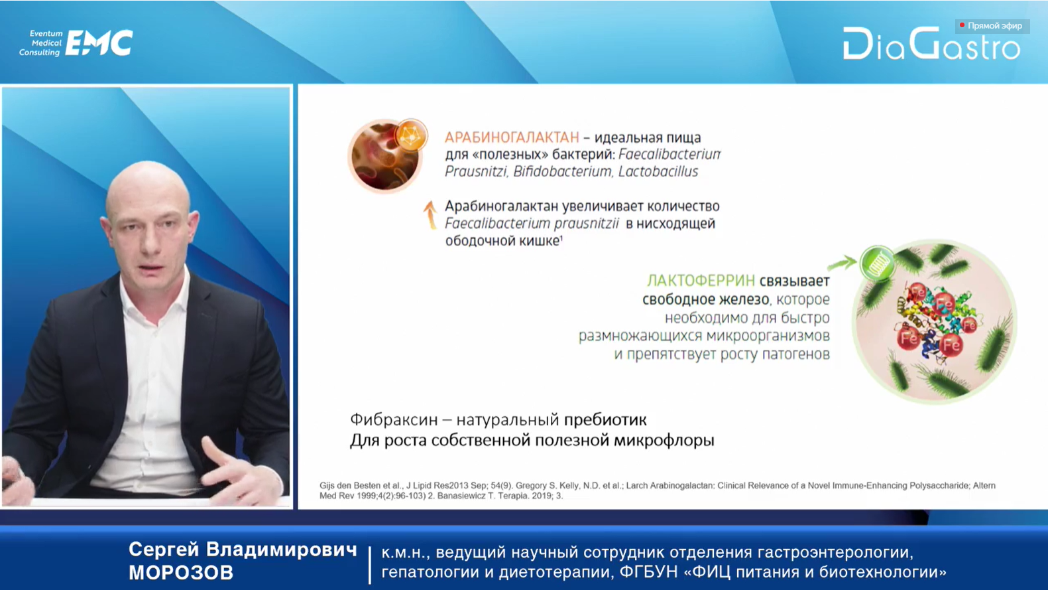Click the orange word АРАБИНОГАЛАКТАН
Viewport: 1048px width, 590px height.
[512, 137]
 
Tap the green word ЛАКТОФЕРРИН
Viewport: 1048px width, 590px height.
[701, 281]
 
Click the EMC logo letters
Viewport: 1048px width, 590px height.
[99, 43]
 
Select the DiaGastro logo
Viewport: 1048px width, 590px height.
[931, 44]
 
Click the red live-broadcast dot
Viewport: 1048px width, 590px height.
[962, 25]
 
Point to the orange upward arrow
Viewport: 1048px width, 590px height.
[430, 215]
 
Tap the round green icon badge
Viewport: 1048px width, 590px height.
[878, 264]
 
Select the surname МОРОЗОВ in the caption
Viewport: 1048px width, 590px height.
[180, 573]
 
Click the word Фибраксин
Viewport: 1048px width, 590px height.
[394, 419]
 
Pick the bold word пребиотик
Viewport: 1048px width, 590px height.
[605, 420]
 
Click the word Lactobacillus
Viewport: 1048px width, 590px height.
[658, 171]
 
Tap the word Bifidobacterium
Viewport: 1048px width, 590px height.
[562, 171]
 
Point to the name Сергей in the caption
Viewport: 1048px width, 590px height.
[164, 550]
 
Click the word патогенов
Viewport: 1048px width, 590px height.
[796, 354]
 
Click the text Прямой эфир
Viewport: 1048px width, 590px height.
[995, 26]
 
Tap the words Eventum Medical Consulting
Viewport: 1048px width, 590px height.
[40, 43]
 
